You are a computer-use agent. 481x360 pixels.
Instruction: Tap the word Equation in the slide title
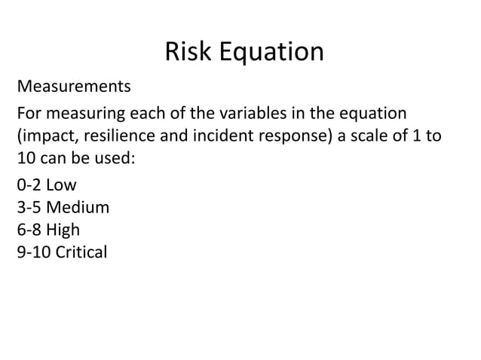pos(272,53)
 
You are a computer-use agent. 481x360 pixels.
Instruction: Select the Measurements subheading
pos(74,87)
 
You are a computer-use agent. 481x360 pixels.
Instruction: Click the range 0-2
pos(29,185)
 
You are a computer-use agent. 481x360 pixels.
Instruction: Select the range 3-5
pos(29,207)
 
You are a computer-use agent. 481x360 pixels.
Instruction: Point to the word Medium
pos(78,207)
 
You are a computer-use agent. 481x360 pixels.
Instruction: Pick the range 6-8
pos(29,230)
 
